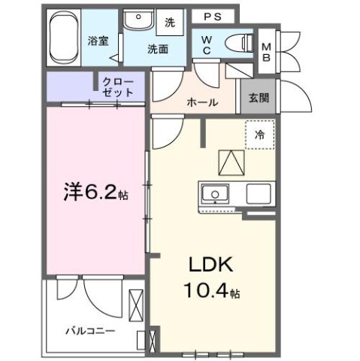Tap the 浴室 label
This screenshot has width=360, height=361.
click(97, 39)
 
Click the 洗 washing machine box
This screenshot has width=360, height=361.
click(170, 23)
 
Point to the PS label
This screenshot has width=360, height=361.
click(210, 16)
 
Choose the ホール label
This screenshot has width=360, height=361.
click(203, 102)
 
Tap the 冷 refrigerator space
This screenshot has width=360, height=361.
click(259, 136)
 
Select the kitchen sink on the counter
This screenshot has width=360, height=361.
click(216, 195)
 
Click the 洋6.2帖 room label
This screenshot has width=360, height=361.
click(93, 193)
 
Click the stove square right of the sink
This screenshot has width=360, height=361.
click(259, 194)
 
